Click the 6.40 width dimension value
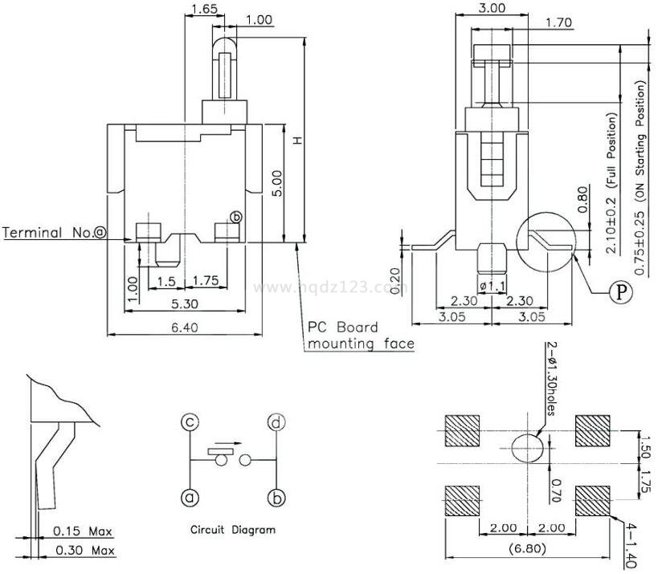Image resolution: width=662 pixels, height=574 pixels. (x=185, y=327)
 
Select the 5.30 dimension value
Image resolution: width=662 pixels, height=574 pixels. (x=185, y=303)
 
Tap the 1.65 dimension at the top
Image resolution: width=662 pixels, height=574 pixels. (x=204, y=10)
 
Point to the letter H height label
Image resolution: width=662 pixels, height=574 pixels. (x=296, y=140)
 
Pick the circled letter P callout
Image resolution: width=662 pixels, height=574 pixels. (x=619, y=293)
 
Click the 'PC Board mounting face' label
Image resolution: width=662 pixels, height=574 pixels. (x=361, y=336)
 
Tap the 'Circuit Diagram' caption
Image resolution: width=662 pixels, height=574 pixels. (x=232, y=530)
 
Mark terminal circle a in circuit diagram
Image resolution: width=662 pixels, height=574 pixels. (x=190, y=499)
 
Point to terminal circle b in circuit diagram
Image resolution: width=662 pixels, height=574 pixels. (x=276, y=499)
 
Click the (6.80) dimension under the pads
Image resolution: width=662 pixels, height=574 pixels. (x=528, y=549)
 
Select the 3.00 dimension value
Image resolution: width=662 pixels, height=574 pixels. (x=492, y=8)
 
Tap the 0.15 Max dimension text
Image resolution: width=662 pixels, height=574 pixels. (x=83, y=531)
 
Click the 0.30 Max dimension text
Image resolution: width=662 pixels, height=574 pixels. (x=83, y=551)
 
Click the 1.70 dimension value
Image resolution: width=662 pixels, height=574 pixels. (x=558, y=23)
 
